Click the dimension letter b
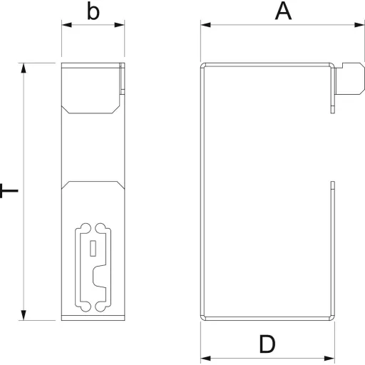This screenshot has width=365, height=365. coord(93,11)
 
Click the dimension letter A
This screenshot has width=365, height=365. coord(283,11)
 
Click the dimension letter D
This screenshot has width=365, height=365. coord(267,344)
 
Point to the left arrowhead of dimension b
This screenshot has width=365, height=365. coord(67,25)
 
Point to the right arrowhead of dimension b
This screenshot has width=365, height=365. coord(119,25)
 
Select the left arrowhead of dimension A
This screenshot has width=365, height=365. coord(205,25)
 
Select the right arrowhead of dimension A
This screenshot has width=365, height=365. coord(359,25)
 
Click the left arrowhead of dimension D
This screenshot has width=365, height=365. coord(205,358)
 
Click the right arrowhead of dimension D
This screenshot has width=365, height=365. coord(329,358)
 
